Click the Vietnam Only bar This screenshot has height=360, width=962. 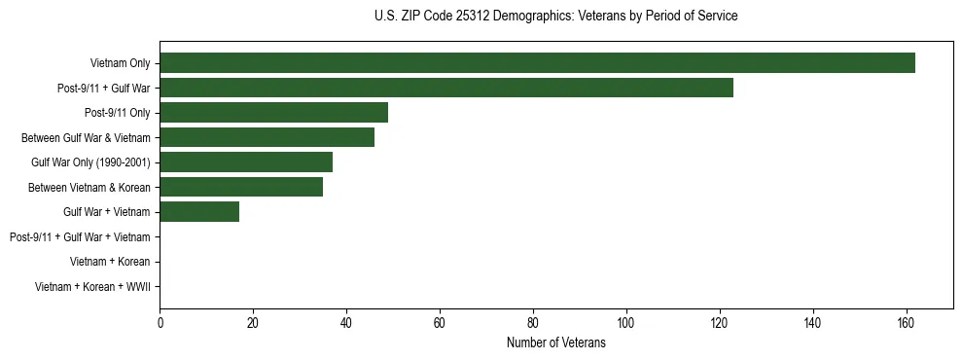click(x=537, y=63)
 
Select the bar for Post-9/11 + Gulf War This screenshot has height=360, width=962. click(x=445, y=88)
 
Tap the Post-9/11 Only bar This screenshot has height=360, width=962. click(x=273, y=113)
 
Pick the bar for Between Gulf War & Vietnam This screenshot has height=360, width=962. click(x=267, y=137)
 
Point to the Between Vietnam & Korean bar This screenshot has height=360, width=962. click(x=241, y=187)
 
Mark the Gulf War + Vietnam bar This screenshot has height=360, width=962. click(x=199, y=212)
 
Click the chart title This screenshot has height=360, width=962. click(x=555, y=17)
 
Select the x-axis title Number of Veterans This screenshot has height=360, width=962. click(x=555, y=342)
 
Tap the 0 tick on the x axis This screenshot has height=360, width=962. click(x=160, y=323)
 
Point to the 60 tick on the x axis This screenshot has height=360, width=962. click(x=440, y=323)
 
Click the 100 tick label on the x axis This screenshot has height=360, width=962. click(x=625, y=323)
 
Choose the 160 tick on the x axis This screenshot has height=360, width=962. click(x=906, y=323)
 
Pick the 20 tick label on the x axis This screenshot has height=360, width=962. click(x=253, y=323)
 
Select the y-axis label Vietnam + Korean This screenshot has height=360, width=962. click(x=110, y=262)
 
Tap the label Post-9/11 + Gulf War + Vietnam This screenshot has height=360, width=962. click(x=80, y=237)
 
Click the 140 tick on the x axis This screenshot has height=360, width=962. click(x=812, y=323)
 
